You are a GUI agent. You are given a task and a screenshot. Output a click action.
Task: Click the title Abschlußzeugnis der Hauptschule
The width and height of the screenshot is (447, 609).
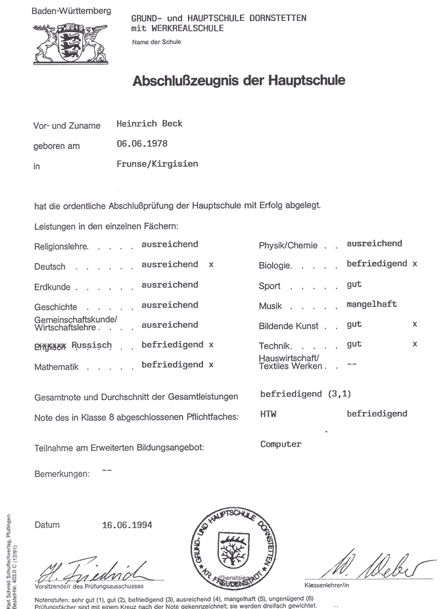pos(239,81)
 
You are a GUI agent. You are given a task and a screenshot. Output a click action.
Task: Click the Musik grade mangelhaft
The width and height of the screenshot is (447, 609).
pos(372,304)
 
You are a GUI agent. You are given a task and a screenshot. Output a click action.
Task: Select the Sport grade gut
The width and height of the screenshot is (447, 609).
pos(354,284)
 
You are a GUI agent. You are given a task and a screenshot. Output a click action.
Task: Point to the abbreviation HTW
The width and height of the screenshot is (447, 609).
pos(268,414)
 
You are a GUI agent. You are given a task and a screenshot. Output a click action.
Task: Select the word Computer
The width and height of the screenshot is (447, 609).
pos(281,444)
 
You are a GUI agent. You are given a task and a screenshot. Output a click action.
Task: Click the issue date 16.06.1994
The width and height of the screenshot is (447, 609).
pos(127,525)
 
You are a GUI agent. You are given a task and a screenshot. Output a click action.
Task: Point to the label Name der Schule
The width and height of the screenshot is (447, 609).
pos(156,42)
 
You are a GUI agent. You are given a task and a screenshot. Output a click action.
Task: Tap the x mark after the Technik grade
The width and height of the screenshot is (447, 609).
pos(414,344)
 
